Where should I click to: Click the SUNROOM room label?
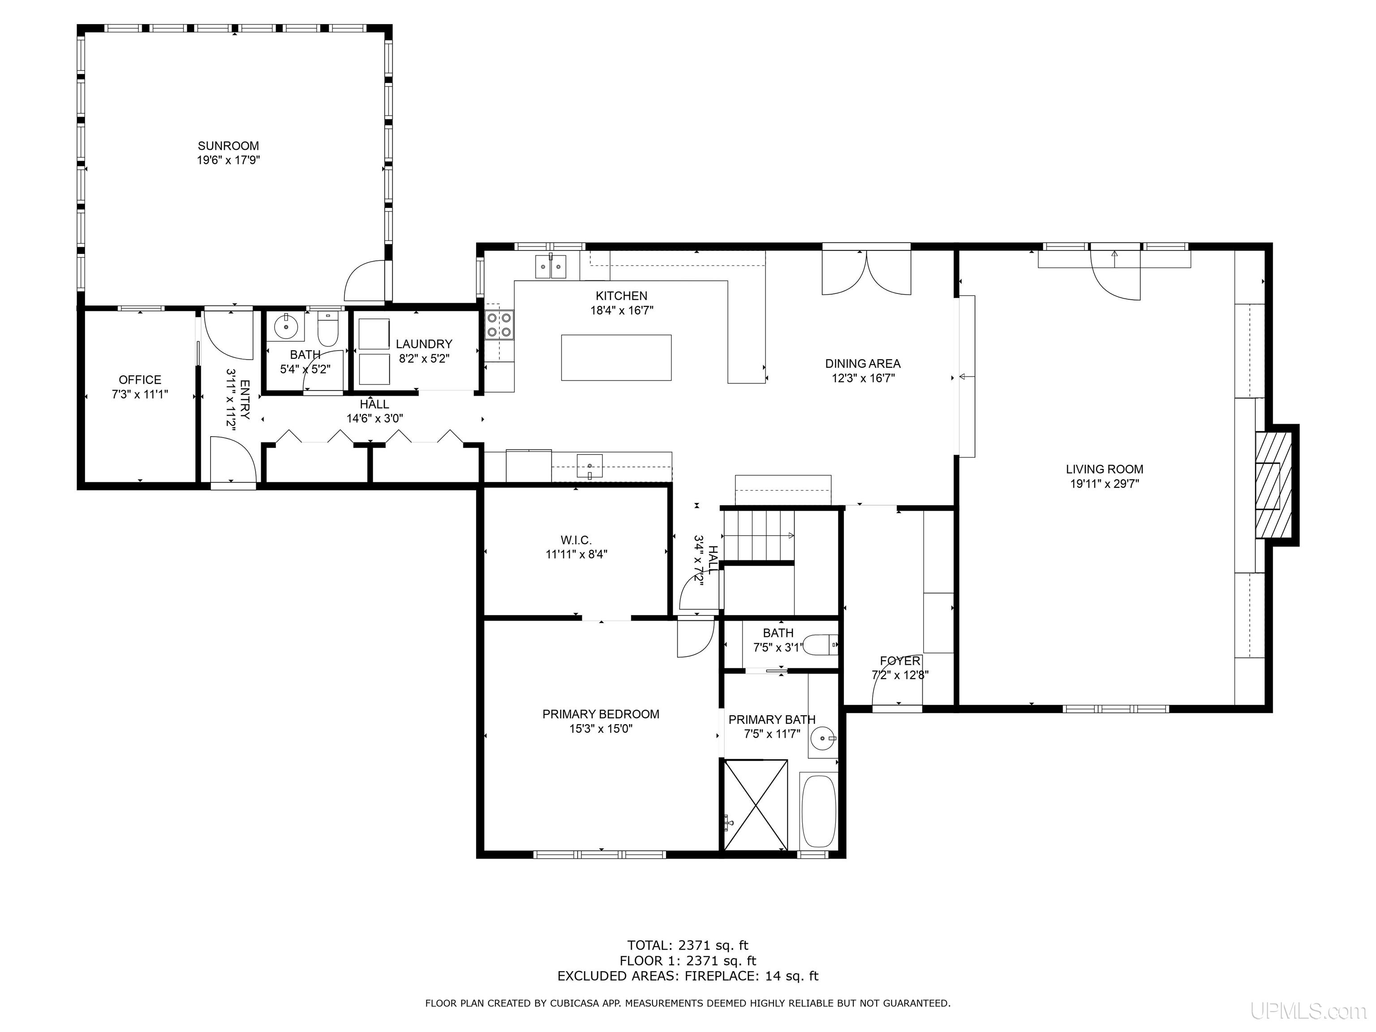pyautogui.click(x=228, y=146)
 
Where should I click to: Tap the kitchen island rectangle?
pyautogui.click(x=616, y=358)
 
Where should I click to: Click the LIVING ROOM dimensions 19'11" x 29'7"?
pyautogui.click(x=1104, y=484)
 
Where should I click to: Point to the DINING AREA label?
pyautogui.click(x=863, y=364)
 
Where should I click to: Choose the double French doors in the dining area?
pyautogui.click(x=867, y=272)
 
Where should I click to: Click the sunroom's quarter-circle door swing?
pyautogui.click(x=365, y=280)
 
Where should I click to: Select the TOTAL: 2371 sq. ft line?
pyautogui.click(x=688, y=946)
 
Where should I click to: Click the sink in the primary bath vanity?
pyautogui.click(x=824, y=738)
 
